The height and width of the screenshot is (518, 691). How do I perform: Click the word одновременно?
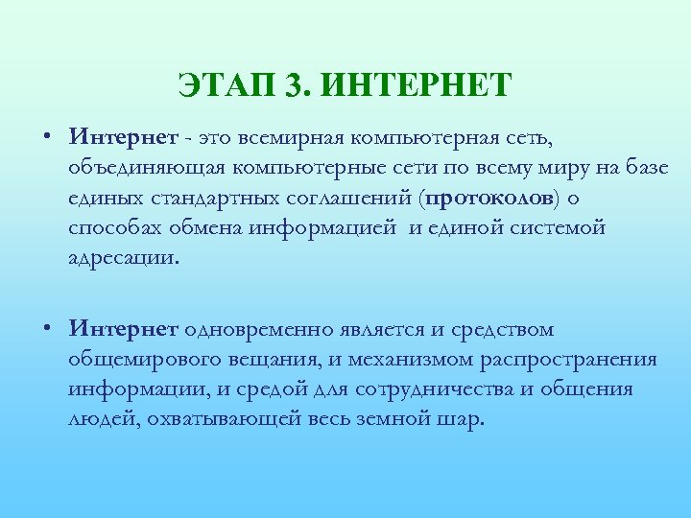(x=255, y=330)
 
